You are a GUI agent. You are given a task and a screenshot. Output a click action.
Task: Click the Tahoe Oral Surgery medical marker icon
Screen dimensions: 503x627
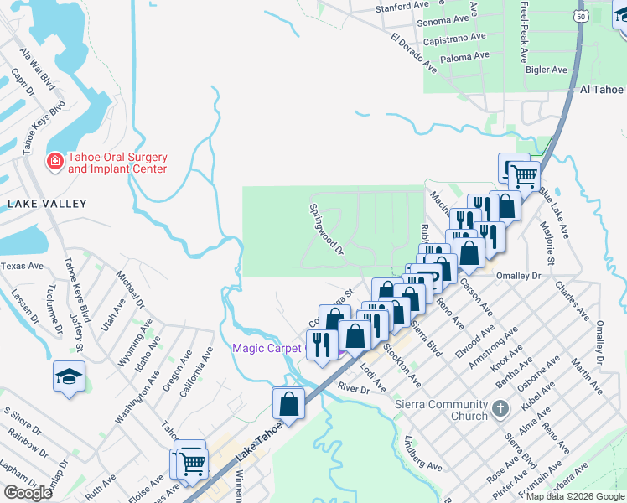(x=54, y=159)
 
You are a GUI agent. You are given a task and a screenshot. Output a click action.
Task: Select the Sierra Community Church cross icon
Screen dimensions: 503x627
(x=500, y=410)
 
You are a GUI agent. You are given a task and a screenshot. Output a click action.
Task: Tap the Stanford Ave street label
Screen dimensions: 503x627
(x=402, y=7)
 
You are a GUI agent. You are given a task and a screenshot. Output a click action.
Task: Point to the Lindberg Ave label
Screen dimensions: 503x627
(x=422, y=453)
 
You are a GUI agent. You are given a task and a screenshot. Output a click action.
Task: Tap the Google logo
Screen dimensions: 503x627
(x=28, y=492)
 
